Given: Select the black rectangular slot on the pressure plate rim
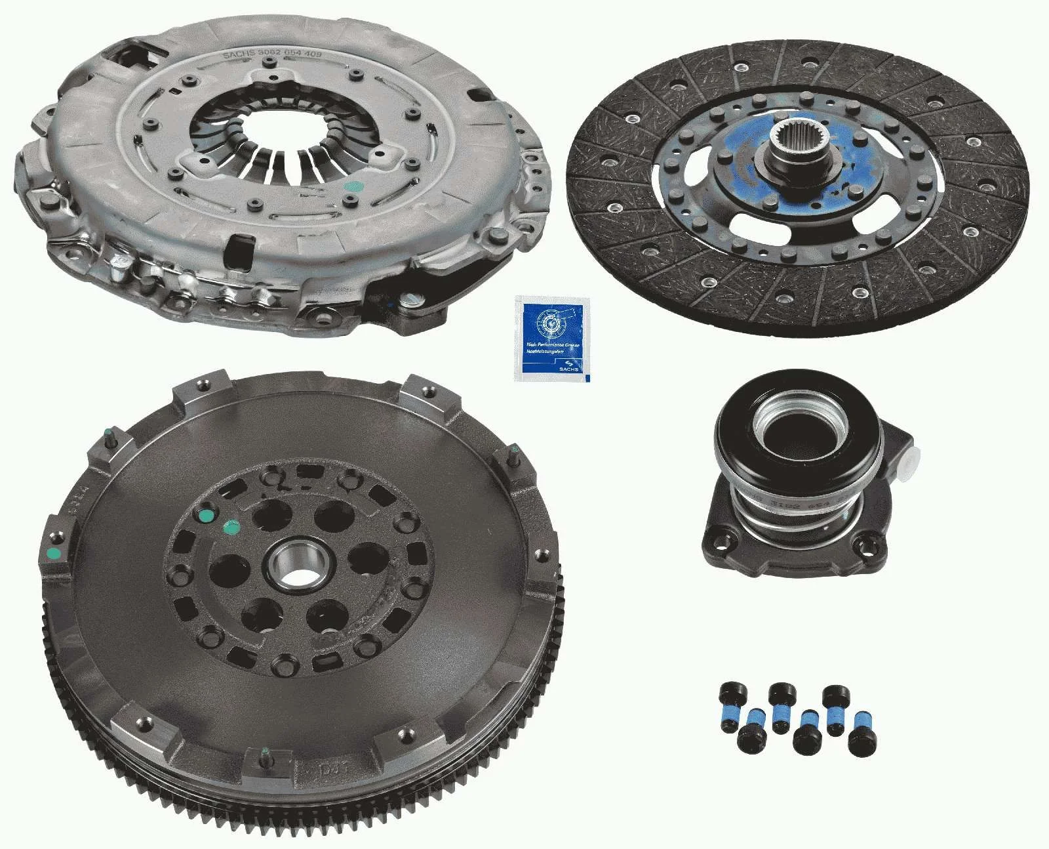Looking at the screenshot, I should coord(235,249).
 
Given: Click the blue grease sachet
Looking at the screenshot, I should coord(552,338).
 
